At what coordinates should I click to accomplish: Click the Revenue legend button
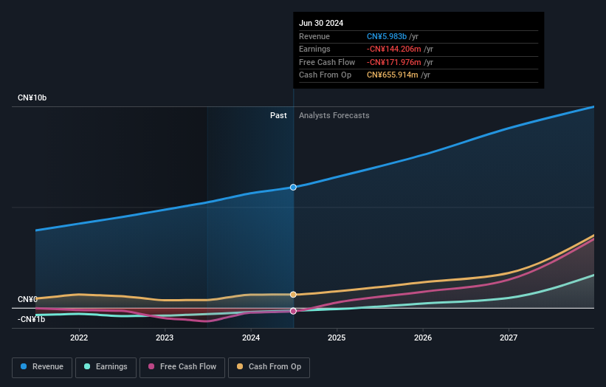42,366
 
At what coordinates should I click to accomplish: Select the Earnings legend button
105,366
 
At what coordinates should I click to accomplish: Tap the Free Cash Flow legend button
182,366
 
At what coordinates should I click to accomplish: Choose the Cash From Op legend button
269,366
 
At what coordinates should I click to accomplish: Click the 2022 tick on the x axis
79,338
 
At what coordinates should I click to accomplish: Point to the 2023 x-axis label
165,338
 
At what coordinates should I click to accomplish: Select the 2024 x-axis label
251,338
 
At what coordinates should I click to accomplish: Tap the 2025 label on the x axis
337,338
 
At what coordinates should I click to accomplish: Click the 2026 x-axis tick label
423,338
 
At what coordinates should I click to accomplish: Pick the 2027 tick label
509,338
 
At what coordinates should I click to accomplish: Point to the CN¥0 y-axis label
27,299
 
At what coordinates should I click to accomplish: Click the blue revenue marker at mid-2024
293,188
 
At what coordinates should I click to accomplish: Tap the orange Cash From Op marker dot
293,295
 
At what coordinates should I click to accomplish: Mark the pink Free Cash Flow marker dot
293,311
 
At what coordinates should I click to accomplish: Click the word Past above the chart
278,115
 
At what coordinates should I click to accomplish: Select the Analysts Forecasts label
334,115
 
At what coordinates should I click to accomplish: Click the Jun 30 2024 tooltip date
321,23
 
